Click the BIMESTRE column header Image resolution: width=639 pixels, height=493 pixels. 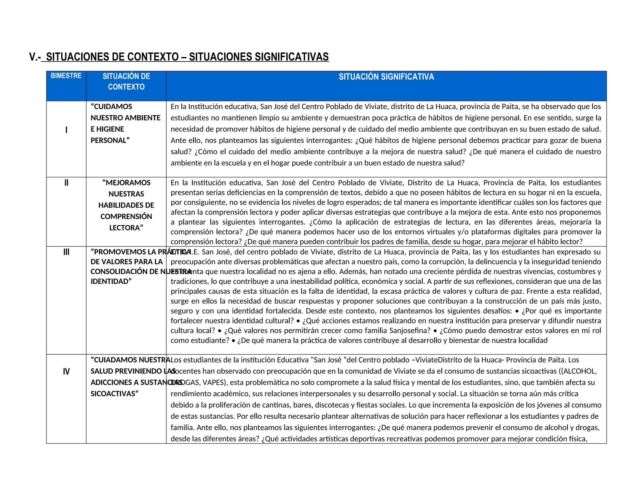click(x=66, y=76)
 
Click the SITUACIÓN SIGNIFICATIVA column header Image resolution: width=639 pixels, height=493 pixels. click(x=386, y=77)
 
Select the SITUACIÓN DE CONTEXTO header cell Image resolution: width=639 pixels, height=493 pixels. click(x=126, y=82)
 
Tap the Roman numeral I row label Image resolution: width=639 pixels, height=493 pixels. click(x=66, y=130)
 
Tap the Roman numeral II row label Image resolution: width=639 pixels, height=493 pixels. click(x=66, y=183)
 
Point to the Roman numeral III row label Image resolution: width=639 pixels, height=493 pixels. click(x=66, y=252)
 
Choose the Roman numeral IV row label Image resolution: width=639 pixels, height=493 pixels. click(x=66, y=371)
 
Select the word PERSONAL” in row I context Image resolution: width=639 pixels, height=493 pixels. click(x=110, y=141)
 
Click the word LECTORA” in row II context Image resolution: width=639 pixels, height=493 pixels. click(x=126, y=228)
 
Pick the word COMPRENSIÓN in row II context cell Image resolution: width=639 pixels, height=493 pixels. click(x=126, y=217)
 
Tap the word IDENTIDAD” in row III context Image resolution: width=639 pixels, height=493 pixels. click(x=111, y=281)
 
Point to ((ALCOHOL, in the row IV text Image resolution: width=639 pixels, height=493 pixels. click(x=579, y=371)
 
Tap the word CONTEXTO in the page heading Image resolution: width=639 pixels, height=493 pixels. click(x=153, y=57)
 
